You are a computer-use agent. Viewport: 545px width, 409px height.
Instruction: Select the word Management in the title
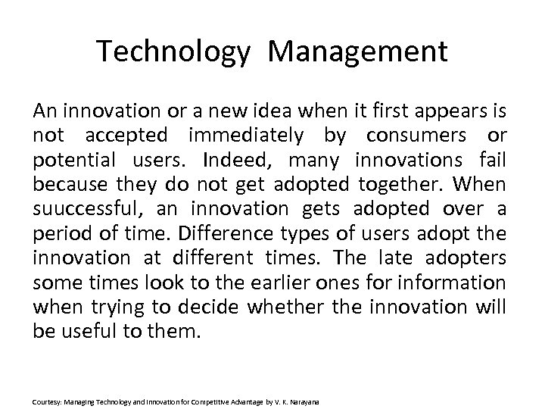pos(357,52)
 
